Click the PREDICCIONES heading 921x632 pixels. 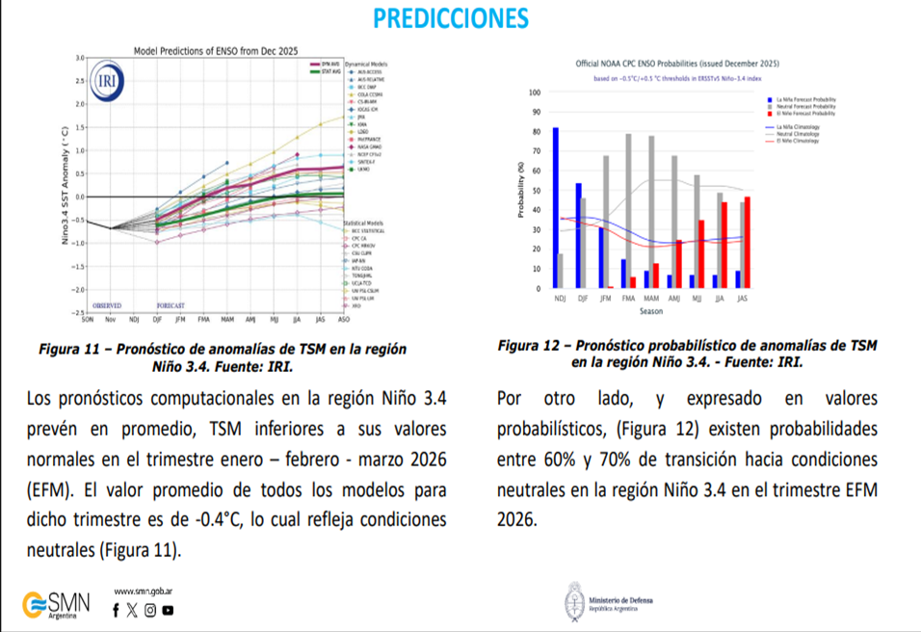(x=450, y=18)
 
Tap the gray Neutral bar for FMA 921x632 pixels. (x=629, y=210)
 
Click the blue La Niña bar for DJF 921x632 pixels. (x=578, y=235)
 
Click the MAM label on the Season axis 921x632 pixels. (x=650, y=300)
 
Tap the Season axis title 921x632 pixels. (x=650, y=312)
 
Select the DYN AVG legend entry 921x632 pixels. (x=329, y=64)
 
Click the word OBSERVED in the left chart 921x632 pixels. (x=107, y=305)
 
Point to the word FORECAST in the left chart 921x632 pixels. (x=171, y=305)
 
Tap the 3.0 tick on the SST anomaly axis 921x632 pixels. (x=79, y=59)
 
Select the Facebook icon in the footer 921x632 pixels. (x=117, y=609)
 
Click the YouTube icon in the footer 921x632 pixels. (x=169, y=609)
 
